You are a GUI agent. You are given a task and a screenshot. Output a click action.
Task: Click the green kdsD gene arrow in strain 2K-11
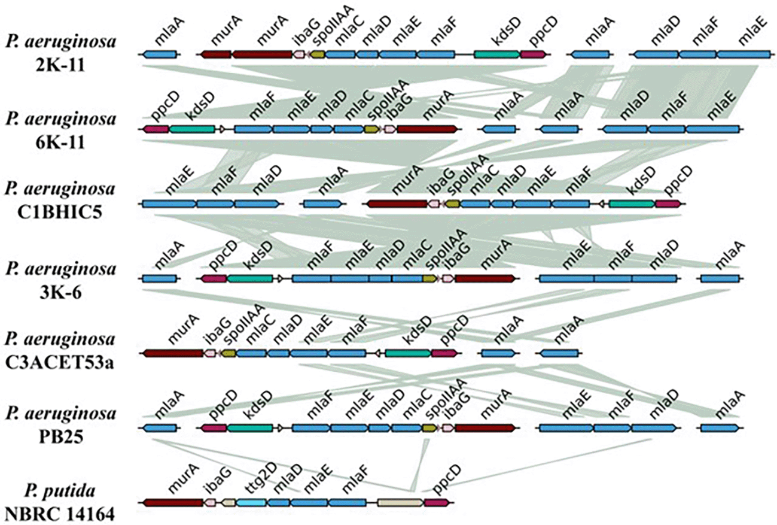click(x=496, y=54)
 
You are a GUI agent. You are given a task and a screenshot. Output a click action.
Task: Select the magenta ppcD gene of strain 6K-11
click(x=156, y=129)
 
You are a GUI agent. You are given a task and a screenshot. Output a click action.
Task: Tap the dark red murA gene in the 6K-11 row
click(x=426, y=129)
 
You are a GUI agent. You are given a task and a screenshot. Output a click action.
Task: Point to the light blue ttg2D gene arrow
click(x=251, y=503)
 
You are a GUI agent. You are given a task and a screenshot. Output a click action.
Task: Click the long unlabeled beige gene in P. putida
click(x=400, y=503)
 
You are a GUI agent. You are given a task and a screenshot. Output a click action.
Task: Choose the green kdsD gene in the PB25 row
click(x=249, y=429)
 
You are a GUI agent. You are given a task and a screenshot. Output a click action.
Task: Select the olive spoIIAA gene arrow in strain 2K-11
click(x=317, y=54)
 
